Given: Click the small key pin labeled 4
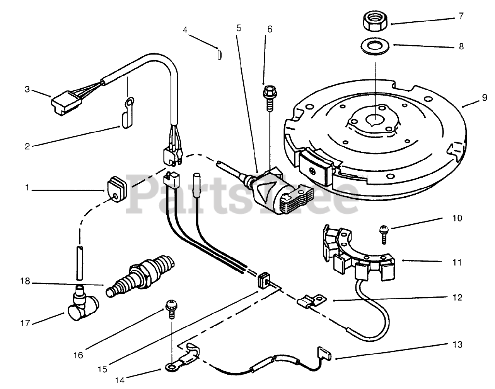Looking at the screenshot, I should tap(219, 54).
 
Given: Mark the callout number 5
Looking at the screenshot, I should tap(238, 28).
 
